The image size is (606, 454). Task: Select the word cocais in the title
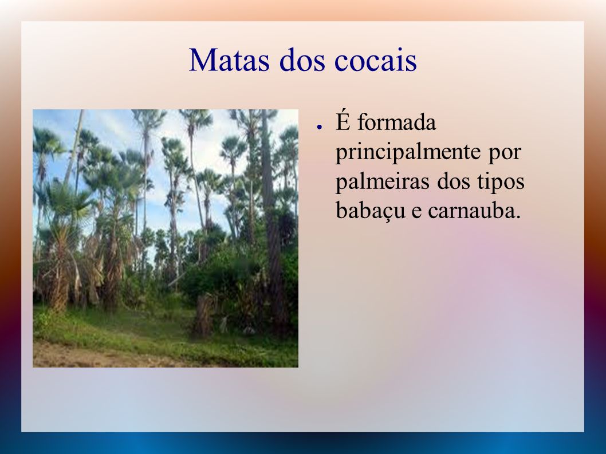(x=376, y=61)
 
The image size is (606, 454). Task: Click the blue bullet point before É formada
(x=319, y=127)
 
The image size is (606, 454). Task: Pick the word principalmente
(x=407, y=152)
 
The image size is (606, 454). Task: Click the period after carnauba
(x=518, y=218)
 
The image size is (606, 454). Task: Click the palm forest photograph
(x=166, y=238)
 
